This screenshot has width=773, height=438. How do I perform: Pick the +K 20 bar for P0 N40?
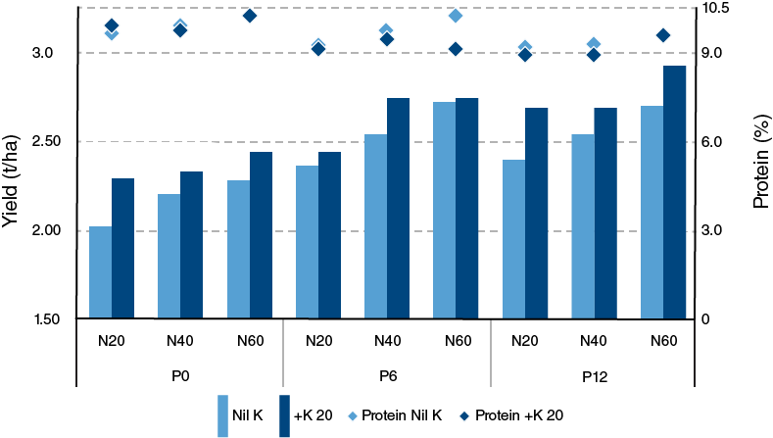pyautogui.click(x=191, y=245)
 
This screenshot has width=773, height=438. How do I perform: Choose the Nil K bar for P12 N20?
pyautogui.click(x=513, y=239)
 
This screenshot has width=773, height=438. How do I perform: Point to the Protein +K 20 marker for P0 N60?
pyautogui.click(x=249, y=16)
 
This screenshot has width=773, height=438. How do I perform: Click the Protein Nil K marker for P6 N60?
pyautogui.click(x=455, y=16)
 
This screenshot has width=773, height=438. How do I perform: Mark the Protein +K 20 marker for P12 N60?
pyautogui.click(x=662, y=35)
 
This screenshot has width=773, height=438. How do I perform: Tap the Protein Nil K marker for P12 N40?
pyautogui.click(x=594, y=44)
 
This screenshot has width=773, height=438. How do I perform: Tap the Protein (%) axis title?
pyautogui.click(x=760, y=170)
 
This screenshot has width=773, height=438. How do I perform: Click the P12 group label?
pyautogui.click(x=593, y=374)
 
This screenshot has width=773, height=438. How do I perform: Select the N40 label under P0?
pyautogui.click(x=180, y=341)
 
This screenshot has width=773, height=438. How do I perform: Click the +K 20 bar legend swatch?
pyautogui.click(x=287, y=416)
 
